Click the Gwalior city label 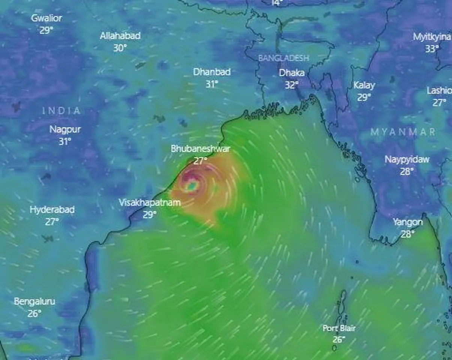[46, 18]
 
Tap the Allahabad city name [120, 36]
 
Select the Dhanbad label [212, 72]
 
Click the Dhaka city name [291, 73]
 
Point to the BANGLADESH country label [284, 58]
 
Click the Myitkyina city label [432, 37]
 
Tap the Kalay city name [364, 85]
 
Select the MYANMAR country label [403, 132]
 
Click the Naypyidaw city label [407, 159]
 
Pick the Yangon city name [408, 222]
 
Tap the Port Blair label [339, 328]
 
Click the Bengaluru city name [35, 301]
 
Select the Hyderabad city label [52, 210]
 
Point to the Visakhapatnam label [150, 202]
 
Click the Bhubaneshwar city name [200, 148]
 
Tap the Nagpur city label [65, 130]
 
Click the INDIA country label [61, 111]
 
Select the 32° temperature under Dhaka [291, 85]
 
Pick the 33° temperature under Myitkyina [432, 49]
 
